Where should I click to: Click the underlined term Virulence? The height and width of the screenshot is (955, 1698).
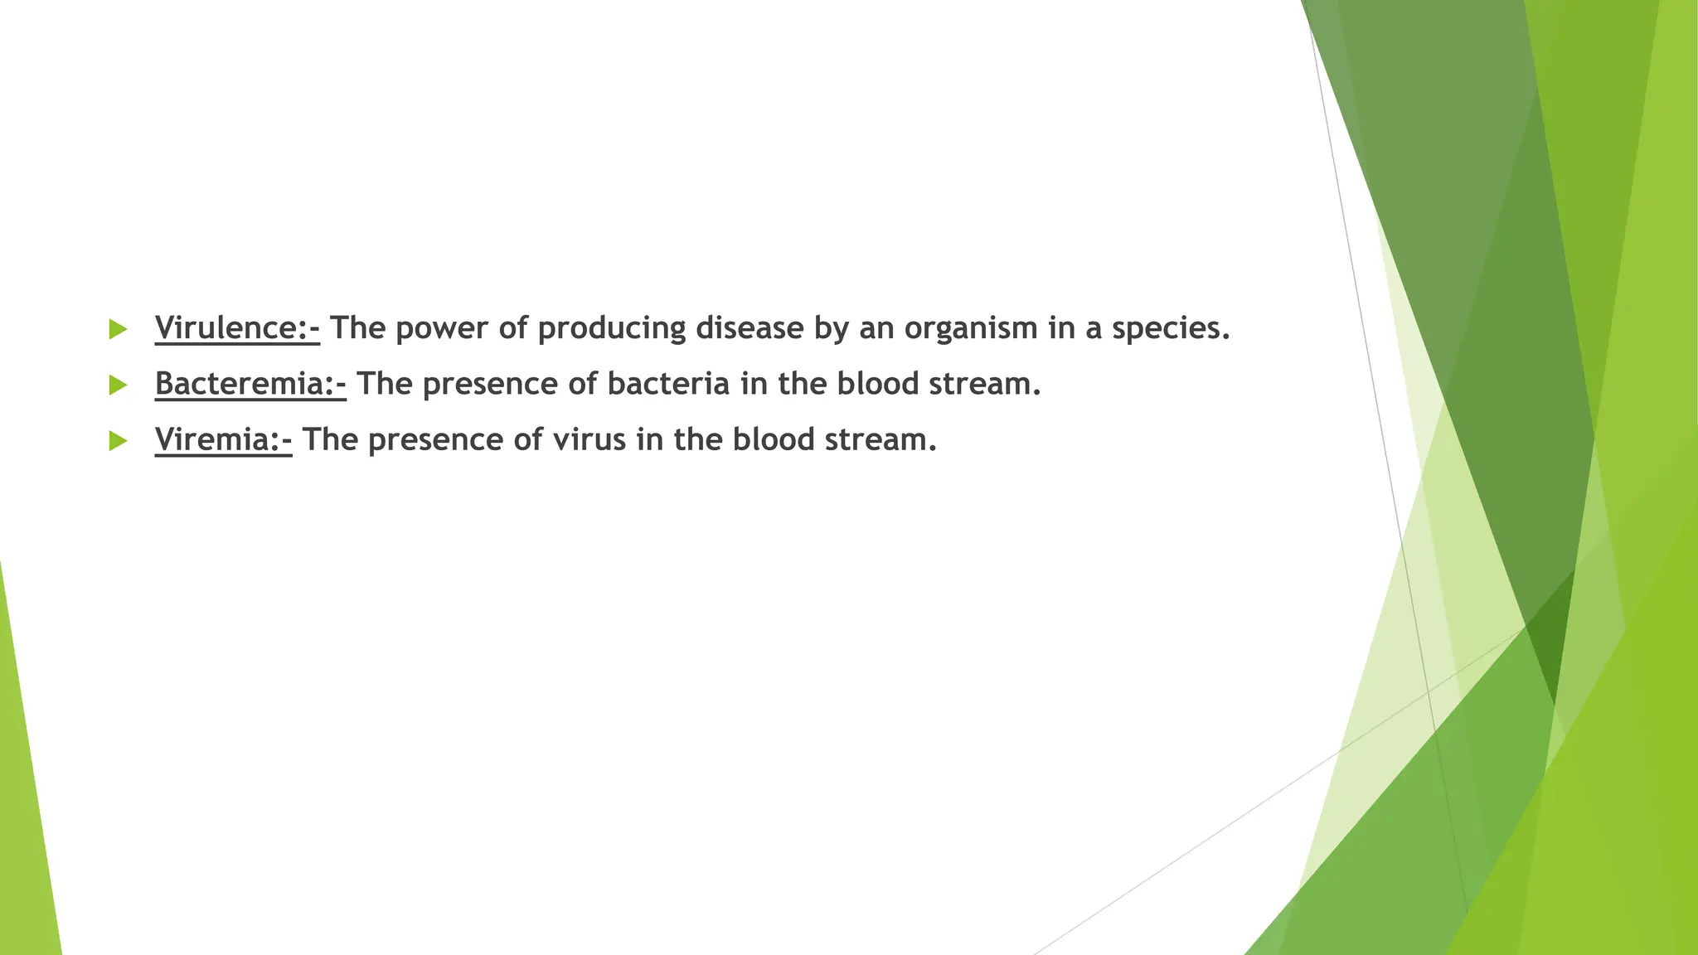point(236,328)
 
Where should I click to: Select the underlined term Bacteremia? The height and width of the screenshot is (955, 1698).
point(250,384)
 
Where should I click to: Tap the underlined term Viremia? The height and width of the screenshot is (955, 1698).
point(223,439)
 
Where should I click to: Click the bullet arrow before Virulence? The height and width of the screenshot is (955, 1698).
point(118,329)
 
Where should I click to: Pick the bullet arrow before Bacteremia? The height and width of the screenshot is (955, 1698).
point(118,385)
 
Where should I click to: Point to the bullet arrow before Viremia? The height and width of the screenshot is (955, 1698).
point(118,440)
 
